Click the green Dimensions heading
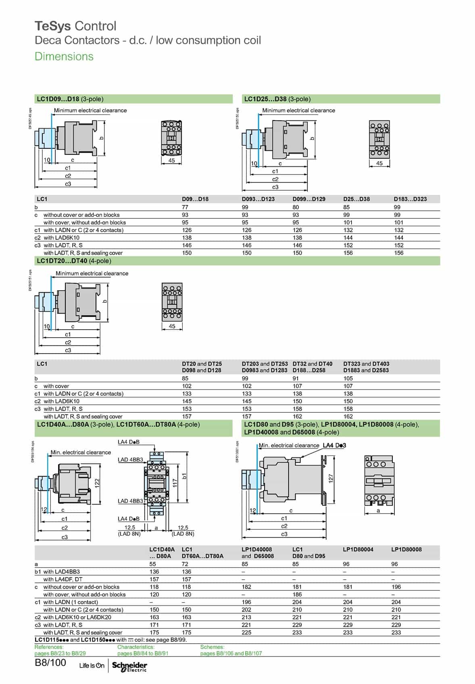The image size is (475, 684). click(x=64, y=56)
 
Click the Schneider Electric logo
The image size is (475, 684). click(x=129, y=666)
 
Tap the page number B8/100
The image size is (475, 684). click(x=50, y=663)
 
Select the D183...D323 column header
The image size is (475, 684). click(x=410, y=199)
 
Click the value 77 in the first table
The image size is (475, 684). click(x=185, y=207)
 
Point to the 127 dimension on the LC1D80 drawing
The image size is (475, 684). click(x=331, y=478)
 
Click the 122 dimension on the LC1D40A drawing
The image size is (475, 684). click(x=97, y=483)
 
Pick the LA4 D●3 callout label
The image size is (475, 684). click(x=334, y=445)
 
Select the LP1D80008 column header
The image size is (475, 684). click(x=406, y=549)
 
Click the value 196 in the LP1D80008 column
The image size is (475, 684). click(x=396, y=587)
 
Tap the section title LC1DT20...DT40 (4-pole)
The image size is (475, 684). click(x=74, y=261)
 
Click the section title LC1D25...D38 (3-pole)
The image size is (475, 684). click(x=277, y=99)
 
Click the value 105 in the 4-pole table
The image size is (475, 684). click(x=348, y=378)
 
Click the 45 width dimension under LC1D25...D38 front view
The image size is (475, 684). click(x=379, y=163)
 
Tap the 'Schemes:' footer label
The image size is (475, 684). click(x=212, y=647)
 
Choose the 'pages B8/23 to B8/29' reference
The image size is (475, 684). click(x=60, y=653)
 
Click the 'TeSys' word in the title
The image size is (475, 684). click(x=53, y=26)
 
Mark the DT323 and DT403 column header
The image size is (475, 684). click(x=366, y=364)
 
